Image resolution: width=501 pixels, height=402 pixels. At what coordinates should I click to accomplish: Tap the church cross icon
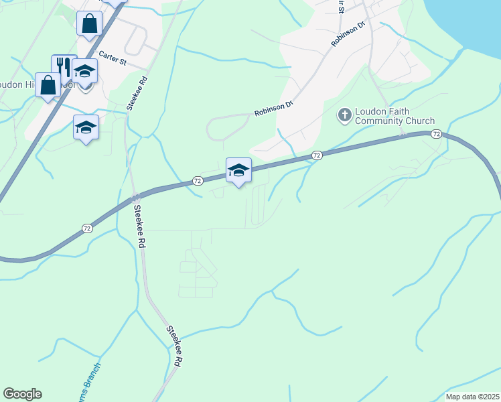click(x=345, y=115)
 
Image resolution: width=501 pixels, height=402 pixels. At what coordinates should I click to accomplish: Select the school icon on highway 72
click(x=238, y=170)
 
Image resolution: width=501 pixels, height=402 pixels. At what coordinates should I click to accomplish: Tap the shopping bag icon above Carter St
click(x=89, y=24)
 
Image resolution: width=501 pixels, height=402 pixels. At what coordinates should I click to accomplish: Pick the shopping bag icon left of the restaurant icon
click(x=48, y=85)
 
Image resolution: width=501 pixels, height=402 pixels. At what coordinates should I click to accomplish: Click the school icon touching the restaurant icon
click(x=85, y=71)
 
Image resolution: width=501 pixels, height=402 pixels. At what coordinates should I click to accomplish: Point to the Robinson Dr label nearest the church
click(x=273, y=109)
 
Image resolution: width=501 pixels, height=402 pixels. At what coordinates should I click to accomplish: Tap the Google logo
click(x=22, y=394)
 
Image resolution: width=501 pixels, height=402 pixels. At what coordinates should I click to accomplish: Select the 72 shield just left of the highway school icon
click(x=198, y=181)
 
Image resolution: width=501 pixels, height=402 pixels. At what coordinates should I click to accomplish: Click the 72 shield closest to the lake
click(x=436, y=135)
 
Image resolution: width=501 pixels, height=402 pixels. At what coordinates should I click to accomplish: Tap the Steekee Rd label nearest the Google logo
click(x=174, y=346)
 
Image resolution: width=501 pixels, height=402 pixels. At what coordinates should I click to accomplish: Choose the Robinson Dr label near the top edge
click(x=348, y=34)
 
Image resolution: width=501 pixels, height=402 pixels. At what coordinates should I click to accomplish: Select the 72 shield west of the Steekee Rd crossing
click(x=88, y=228)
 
